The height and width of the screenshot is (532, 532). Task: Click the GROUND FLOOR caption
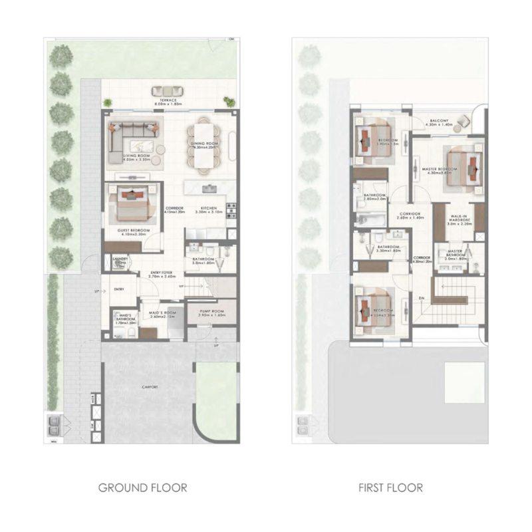pos(142,487)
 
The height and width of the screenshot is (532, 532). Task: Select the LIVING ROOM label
pos(136,156)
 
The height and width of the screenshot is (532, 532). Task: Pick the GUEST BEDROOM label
pos(133,231)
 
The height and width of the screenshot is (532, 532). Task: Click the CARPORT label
pos(150,387)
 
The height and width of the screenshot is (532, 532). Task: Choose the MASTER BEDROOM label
pos(439,169)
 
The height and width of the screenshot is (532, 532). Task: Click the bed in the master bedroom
pos(464,165)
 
